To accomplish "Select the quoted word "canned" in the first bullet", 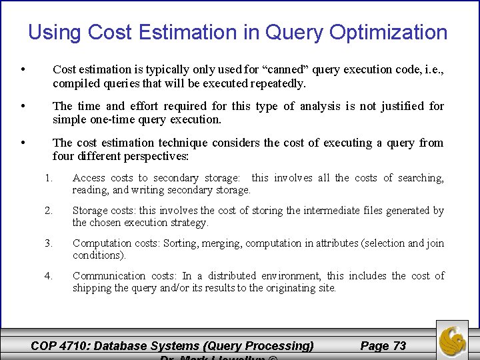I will tap(286, 69).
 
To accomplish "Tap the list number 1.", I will tap(47, 178).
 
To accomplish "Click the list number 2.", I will tap(47, 211).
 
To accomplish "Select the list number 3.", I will tap(47, 243).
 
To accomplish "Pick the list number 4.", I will tap(47, 275).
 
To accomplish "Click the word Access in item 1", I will tap(89, 178).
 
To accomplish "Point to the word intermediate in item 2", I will tap(333, 211).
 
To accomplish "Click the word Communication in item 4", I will tap(108, 275).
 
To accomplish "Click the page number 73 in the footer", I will tap(399, 345).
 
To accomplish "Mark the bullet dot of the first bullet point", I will tap(23, 69).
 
